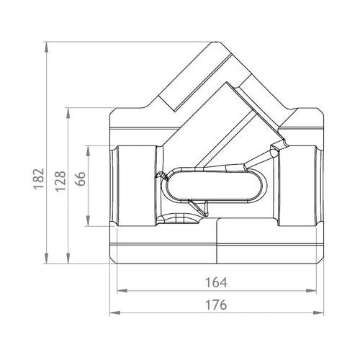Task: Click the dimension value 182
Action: (39, 179)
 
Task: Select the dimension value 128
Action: (60, 181)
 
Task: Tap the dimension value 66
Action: (80, 179)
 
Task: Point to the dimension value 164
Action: (216, 282)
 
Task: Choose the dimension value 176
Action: (216, 305)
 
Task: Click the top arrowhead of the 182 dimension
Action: (47, 48)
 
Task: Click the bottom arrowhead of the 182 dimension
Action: (47, 258)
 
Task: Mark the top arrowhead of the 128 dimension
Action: (68, 113)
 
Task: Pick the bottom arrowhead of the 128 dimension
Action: (68, 258)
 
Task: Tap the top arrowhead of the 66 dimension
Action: (89, 151)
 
